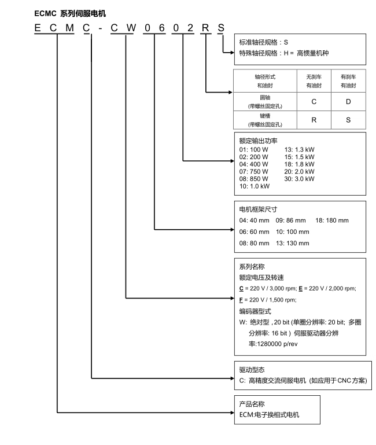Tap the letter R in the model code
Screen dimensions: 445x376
click(x=204, y=27)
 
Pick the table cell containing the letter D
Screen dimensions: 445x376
click(x=348, y=102)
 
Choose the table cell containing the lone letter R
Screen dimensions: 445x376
click(x=313, y=120)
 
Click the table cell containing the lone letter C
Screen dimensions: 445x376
click(x=313, y=102)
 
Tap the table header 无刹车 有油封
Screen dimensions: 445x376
click(x=313, y=81)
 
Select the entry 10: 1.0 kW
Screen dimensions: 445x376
click(x=255, y=186)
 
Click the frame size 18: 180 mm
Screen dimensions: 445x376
click(x=331, y=220)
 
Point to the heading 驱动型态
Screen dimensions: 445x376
click(x=252, y=369)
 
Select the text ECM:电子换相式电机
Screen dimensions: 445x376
click(x=270, y=415)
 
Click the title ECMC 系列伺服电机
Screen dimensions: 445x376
click(x=62, y=12)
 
